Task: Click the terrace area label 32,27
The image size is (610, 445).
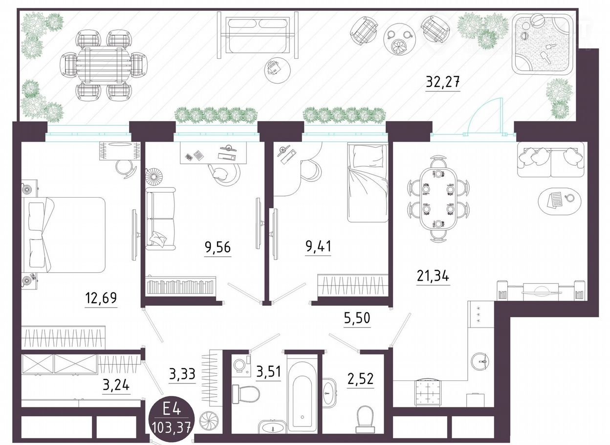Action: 442,82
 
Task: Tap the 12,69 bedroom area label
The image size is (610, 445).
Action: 101,298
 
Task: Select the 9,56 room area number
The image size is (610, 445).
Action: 218,247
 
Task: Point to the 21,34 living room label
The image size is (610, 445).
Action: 433,276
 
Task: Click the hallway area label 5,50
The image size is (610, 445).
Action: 357,318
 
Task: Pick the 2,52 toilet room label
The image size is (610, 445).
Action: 360,378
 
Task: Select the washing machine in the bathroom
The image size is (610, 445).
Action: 241,365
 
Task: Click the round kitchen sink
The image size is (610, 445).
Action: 482,361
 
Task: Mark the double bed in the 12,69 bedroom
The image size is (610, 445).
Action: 64,235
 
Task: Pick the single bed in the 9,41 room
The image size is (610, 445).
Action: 368,183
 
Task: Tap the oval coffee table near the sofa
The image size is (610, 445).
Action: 560,201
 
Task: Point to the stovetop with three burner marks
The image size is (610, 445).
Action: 479,315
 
